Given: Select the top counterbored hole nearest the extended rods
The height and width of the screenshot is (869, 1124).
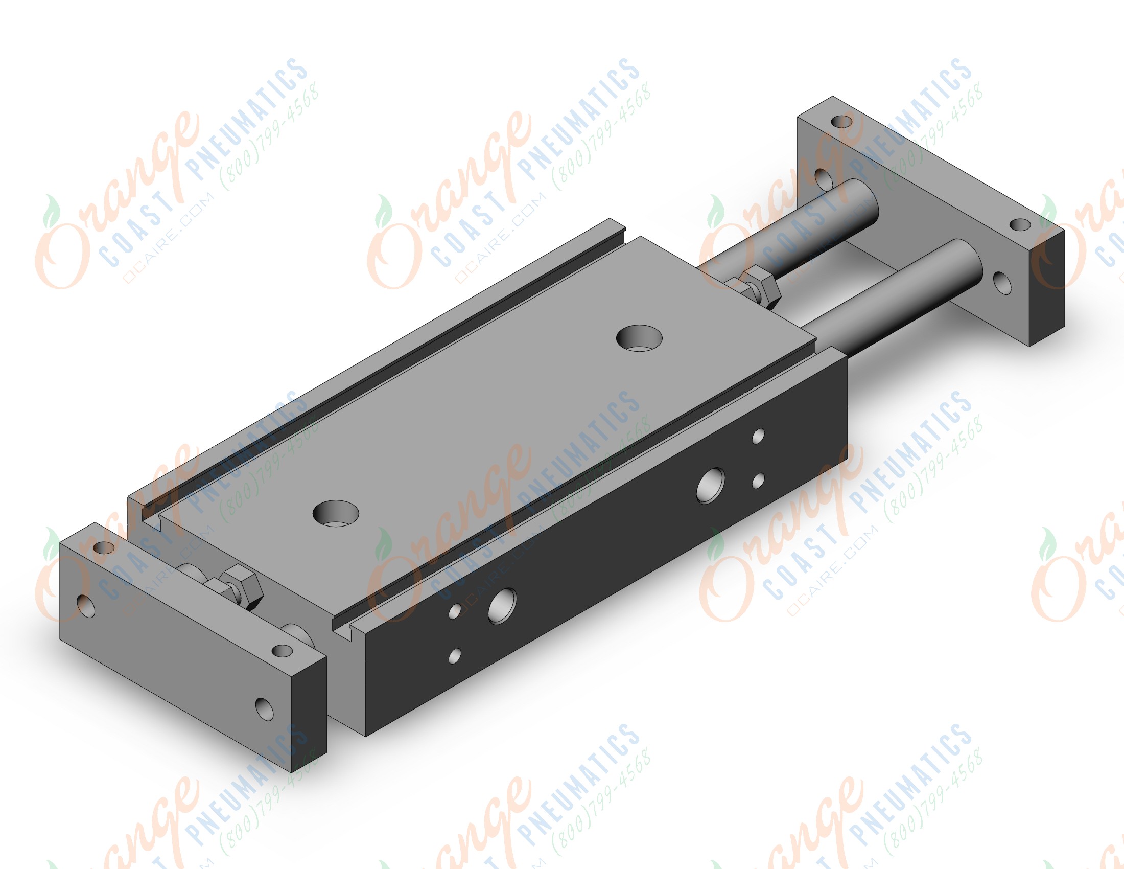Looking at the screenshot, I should coord(639,338).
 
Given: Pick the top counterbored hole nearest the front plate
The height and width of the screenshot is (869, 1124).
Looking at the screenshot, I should coord(336,514).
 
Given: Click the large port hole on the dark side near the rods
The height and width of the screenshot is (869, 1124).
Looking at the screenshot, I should coord(710,486).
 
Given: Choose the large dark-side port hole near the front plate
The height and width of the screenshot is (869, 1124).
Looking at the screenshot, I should coord(502,605).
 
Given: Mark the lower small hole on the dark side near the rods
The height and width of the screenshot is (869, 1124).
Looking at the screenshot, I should coord(758,482).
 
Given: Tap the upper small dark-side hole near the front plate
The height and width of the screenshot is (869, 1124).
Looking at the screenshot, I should coord(455,611).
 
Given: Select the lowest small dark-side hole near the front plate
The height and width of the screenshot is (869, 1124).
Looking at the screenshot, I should coord(454,656).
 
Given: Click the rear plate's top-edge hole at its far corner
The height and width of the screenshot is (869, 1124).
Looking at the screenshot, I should coord(841,122).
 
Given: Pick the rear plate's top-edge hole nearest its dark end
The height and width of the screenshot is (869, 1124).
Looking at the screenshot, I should coord(1020,225).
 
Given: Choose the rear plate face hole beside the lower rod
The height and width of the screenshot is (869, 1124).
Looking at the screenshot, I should coord(1002,283).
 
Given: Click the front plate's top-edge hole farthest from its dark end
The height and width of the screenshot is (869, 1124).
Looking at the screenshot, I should coord(104,547).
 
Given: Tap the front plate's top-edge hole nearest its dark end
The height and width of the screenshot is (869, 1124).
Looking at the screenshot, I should coord(282,651).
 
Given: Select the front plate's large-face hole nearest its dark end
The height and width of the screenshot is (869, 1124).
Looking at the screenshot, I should coord(265,709).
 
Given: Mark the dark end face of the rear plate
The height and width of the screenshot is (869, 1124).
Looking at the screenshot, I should coord(1047,288).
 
